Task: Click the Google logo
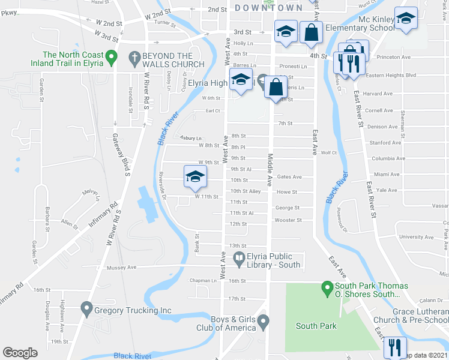(x=20, y=352)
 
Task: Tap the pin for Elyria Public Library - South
(x=239, y=259)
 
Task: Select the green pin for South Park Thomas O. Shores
(x=328, y=289)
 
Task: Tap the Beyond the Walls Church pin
(x=134, y=58)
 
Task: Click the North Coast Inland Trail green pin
(x=110, y=58)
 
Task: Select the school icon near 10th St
(x=195, y=176)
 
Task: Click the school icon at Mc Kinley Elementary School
(x=406, y=20)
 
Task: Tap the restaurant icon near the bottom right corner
(x=395, y=347)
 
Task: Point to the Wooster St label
(x=288, y=220)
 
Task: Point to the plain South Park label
(x=316, y=326)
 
